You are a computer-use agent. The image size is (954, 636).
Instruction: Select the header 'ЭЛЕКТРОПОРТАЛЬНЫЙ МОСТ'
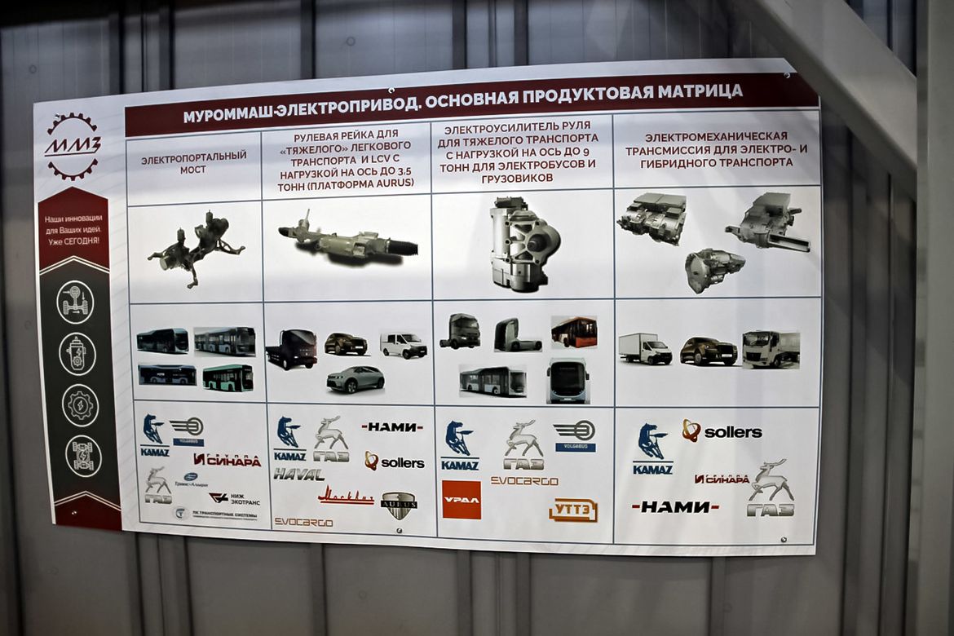pyautogui.click(x=194, y=162)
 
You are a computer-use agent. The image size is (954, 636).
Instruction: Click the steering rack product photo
pyautogui.click(x=348, y=241)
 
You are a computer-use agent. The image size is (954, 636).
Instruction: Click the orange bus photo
pyautogui.click(x=574, y=332)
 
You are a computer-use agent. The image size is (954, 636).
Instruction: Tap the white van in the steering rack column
pyautogui.click(x=403, y=345)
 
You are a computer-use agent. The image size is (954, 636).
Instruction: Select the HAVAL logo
pyautogui.click(x=298, y=474)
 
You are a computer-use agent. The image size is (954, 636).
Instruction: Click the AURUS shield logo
pyautogui.click(x=399, y=506)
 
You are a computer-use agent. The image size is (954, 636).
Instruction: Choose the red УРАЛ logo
pyautogui.click(x=462, y=499)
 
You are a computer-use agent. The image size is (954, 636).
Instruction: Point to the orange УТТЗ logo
pyautogui.click(x=573, y=510)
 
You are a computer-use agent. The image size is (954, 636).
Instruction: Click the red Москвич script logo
pyautogui.click(x=346, y=496)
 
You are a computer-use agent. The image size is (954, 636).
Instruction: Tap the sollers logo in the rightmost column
pyautogui.click(x=722, y=431)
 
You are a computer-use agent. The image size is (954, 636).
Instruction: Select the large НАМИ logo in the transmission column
pyautogui.click(x=675, y=506)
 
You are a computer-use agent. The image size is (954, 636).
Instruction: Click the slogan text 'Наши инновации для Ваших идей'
pyautogui.click(x=73, y=229)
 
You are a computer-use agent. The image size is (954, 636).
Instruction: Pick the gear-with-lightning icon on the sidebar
pyautogui.click(x=80, y=405)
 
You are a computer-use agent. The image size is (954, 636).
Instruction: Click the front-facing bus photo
pyautogui.click(x=568, y=380)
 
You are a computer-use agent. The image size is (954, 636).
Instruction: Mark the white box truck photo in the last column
pyautogui.click(x=644, y=348)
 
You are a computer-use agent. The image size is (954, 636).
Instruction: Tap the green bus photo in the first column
pyautogui.click(x=227, y=377)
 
